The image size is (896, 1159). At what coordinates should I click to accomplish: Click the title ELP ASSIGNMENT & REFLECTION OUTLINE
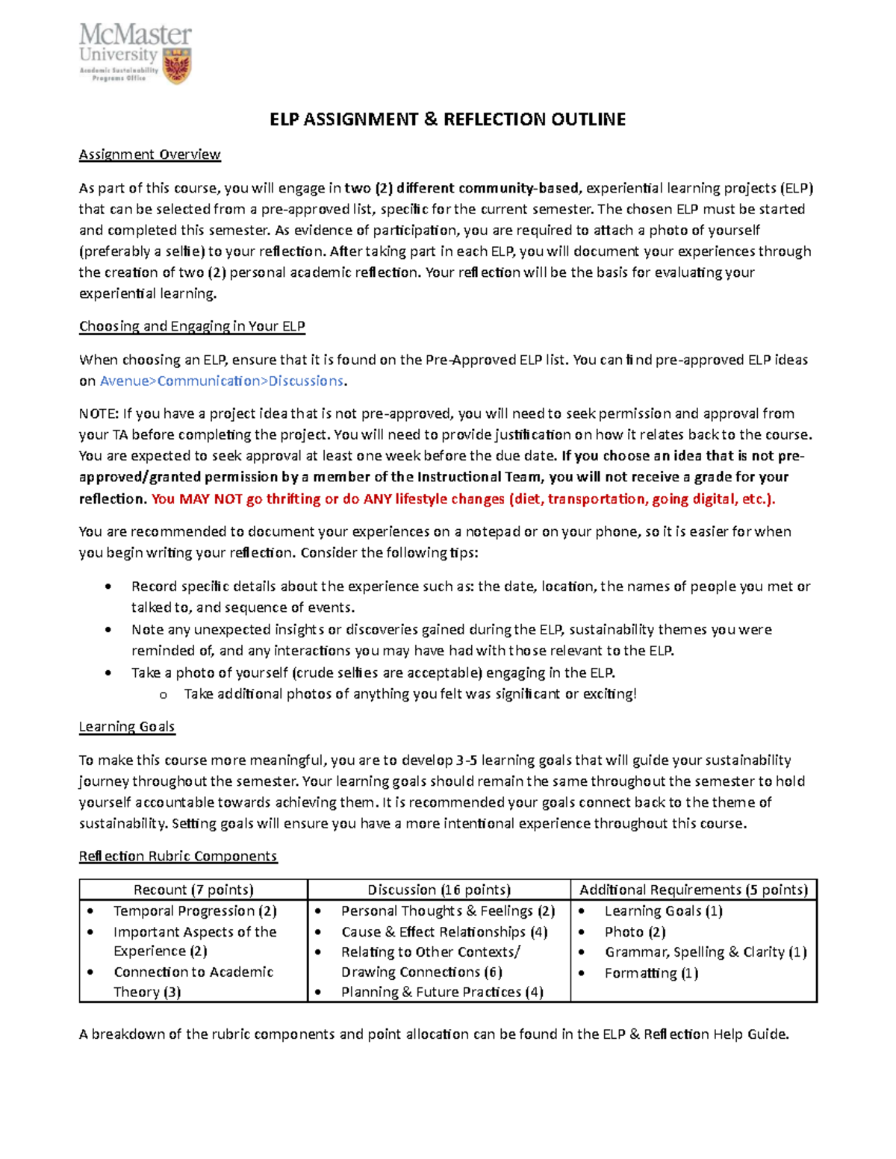[x=447, y=119]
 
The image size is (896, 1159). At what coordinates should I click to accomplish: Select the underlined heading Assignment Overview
[x=149, y=154]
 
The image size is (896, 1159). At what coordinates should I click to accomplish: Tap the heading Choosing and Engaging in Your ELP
[x=192, y=326]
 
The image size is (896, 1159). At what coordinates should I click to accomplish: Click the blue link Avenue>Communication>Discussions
[x=222, y=381]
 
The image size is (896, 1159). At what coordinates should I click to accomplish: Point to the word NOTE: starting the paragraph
[x=99, y=413]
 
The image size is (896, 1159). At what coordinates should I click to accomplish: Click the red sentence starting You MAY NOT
[x=463, y=499]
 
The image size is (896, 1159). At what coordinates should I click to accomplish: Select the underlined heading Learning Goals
[x=127, y=726]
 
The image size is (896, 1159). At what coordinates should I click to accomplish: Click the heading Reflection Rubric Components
[x=178, y=856]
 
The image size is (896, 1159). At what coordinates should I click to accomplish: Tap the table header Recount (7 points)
[x=193, y=890]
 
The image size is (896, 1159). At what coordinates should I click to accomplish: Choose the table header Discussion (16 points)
[x=439, y=890]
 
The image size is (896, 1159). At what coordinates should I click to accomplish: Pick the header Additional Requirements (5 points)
[x=694, y=890]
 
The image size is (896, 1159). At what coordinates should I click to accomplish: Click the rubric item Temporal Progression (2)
[x=195, y=910]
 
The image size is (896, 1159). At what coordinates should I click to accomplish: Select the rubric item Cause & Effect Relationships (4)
[x=444, y=931]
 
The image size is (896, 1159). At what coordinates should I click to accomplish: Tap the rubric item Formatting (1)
[x=651, y=972]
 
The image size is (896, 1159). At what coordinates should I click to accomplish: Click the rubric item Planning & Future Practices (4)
[x=442, y=992]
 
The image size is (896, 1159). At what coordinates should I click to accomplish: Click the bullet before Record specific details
[x=110, y=587]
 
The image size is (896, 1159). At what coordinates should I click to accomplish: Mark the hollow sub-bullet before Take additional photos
[x=163, y=695]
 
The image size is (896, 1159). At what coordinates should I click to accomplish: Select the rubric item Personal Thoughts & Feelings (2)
[x=448, y=910]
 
